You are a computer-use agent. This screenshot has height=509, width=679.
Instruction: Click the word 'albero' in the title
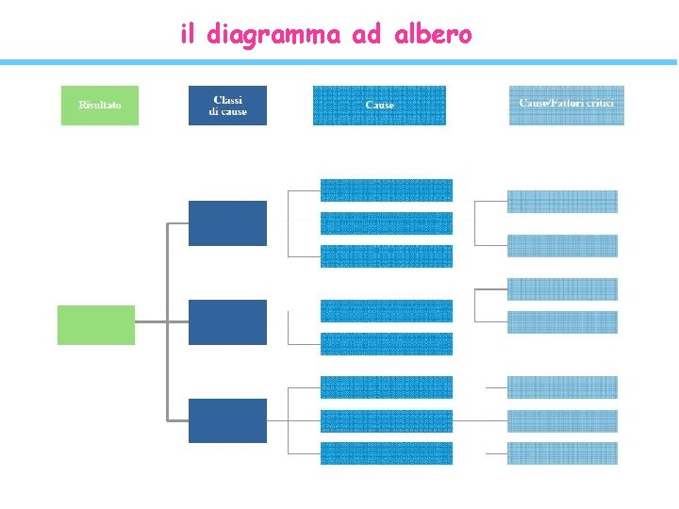[433, 35]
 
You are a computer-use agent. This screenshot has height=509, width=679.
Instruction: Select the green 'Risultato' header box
[99, 106]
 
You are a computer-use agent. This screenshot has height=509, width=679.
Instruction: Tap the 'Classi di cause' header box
[227, 106]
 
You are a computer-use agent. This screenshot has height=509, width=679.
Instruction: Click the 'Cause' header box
[379, 106]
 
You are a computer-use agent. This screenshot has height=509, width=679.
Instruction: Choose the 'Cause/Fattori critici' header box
[566, 106]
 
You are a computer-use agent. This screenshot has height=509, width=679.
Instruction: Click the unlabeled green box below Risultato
[96, 324]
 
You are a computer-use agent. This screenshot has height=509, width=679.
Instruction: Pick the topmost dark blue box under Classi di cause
[227, 222]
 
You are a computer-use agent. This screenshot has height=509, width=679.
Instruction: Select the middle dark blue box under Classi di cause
[227, 322]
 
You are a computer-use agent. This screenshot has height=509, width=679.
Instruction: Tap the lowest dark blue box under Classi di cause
[227, 420]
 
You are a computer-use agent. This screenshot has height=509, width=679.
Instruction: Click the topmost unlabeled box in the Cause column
[386, 189]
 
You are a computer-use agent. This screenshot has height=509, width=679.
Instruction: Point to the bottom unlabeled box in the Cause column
[386, 453]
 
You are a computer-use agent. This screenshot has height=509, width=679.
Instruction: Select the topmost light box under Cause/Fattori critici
[562, 202]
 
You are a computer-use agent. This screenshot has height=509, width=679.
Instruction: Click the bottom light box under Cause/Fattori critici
[562, 453]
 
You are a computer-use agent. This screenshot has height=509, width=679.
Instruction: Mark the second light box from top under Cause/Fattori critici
[562, 245]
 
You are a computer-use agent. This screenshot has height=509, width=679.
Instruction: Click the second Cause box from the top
[386, 223]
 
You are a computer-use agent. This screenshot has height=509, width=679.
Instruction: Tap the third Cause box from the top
[386, 255]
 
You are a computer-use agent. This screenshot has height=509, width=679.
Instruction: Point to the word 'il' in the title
[187, 35]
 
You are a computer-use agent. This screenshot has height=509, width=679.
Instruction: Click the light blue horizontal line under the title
[339, 62]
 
